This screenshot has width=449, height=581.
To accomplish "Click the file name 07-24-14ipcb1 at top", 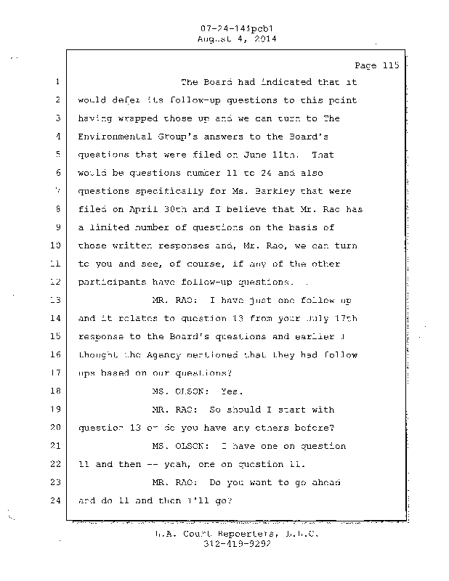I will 225,30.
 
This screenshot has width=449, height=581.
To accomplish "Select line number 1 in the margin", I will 57,82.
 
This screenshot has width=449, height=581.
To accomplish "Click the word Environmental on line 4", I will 110,137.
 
